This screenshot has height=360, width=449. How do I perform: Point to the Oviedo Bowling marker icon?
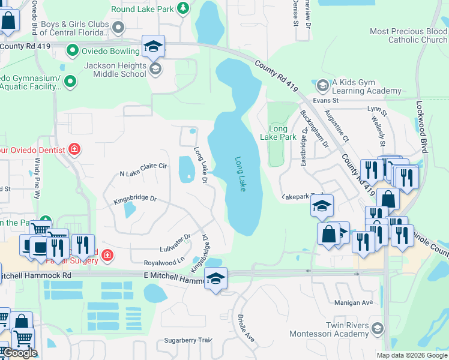73,50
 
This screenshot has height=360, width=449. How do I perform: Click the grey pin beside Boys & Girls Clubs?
118,27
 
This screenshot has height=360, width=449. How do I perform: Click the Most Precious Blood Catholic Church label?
408,35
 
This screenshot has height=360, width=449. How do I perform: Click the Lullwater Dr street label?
175,239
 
